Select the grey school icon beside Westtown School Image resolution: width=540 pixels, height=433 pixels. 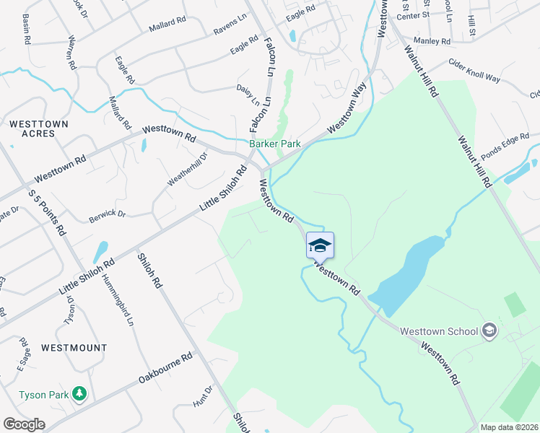click(x=489, y=331)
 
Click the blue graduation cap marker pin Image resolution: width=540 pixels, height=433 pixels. click(x=320, y=246)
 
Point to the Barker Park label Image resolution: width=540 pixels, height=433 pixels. click(x=275, y=144)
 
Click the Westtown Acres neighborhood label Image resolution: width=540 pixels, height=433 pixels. click(x=39, y=129)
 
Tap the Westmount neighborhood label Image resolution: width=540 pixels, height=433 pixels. click(x=74, y=347)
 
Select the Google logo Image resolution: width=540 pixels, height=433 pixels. click(x=24, y=424)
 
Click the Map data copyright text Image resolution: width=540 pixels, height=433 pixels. click(x=510, y=427)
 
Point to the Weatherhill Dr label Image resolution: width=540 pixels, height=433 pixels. click(x=187, y=170)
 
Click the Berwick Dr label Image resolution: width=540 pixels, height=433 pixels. click(x=108, y=214)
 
